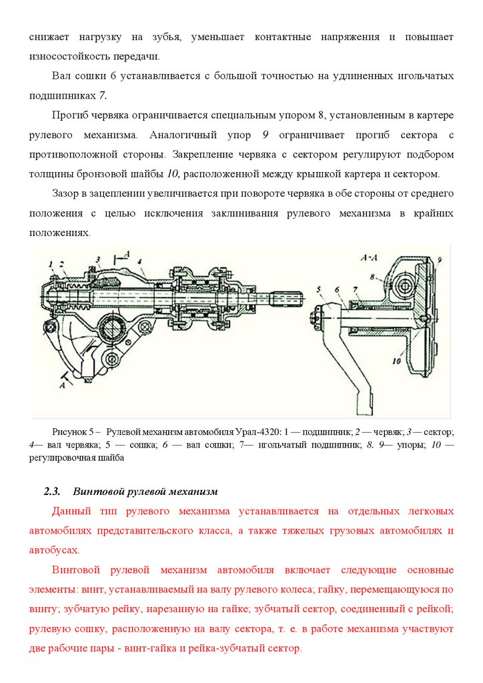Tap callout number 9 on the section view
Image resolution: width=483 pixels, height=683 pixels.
point(440,257)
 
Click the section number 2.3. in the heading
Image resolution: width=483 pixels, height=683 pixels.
point(52,492)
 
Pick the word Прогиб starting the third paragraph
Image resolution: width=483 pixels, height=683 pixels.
point(69,115)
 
